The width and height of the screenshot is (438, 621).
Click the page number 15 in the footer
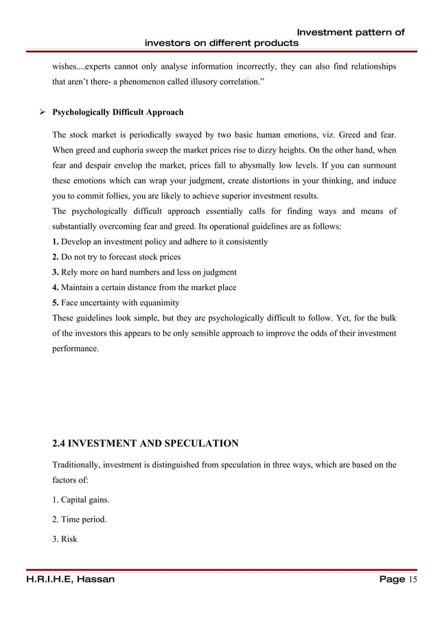point(413,579)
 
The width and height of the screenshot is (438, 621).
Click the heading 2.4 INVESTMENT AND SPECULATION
point(146,442)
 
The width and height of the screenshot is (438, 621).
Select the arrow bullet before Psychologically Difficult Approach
point(42,111)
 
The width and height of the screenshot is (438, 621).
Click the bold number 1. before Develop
point(56,242)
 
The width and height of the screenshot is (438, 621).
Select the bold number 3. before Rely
point(56,272)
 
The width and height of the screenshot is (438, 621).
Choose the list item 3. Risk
point(65,539)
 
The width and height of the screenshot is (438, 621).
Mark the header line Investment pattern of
point(350,32)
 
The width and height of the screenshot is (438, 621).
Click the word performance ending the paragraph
point(76,349)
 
